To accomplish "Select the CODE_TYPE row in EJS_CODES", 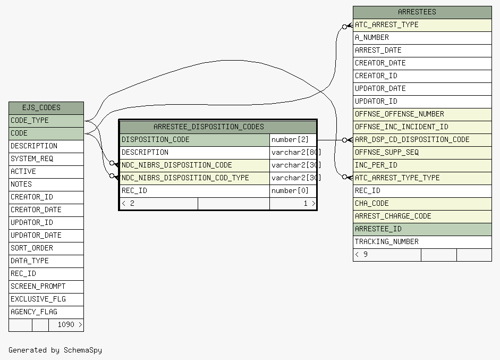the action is [x=46, y=121].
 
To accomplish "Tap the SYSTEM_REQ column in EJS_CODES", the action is [x=46, y=159].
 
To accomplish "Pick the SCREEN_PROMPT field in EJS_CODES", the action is [x=46, y=287].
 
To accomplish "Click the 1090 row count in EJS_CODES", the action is [x=66, y=325].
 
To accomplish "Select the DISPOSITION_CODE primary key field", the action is [x=194, y=140].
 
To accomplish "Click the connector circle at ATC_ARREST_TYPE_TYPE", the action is [x=344, y=177].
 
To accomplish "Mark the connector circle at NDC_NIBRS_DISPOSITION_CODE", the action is [x=112, y=163].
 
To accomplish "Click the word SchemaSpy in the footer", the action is [x=83, y=350].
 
